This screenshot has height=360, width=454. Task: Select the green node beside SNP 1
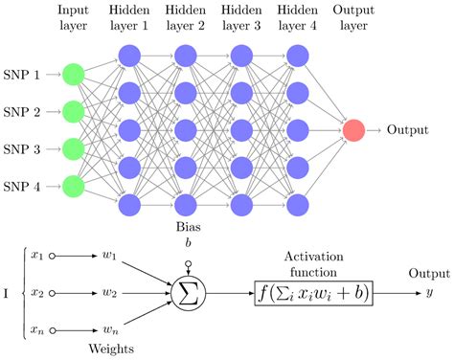click(x=72, y=73)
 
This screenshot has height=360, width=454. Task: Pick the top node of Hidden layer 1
click(x=128, y=54)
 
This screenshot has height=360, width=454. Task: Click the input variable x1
click(x=37, y=256)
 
